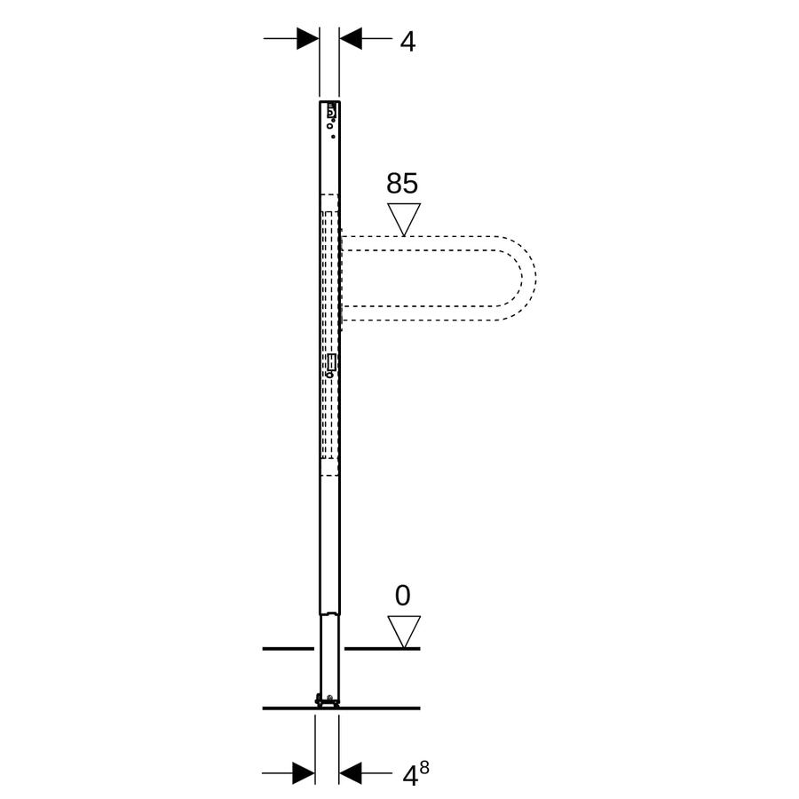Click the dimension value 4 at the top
pos(407,42)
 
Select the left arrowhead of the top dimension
pos(308,38)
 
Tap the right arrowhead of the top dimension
pos(351,38)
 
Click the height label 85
pos(402,183)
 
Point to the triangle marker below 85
pos(404,219)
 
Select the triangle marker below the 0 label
pos(404,632)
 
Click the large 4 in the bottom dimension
pos(411,777)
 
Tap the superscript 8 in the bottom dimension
pos(424,768)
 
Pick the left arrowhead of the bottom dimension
pos(304,773)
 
